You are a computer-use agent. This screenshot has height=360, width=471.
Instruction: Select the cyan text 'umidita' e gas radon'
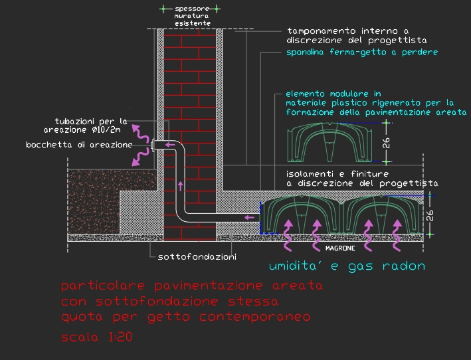[x=346, y=266]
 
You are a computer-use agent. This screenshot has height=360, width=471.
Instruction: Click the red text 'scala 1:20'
[x=98, y=337]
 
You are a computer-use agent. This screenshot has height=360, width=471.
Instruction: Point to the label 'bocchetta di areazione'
[x=79, y=144]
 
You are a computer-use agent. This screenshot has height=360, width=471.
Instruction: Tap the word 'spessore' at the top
[x=193, y=9]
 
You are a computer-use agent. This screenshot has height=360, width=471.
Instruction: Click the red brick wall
[x=191, y=133]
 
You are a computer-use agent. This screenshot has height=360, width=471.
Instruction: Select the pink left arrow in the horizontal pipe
[x=249, y=217]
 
